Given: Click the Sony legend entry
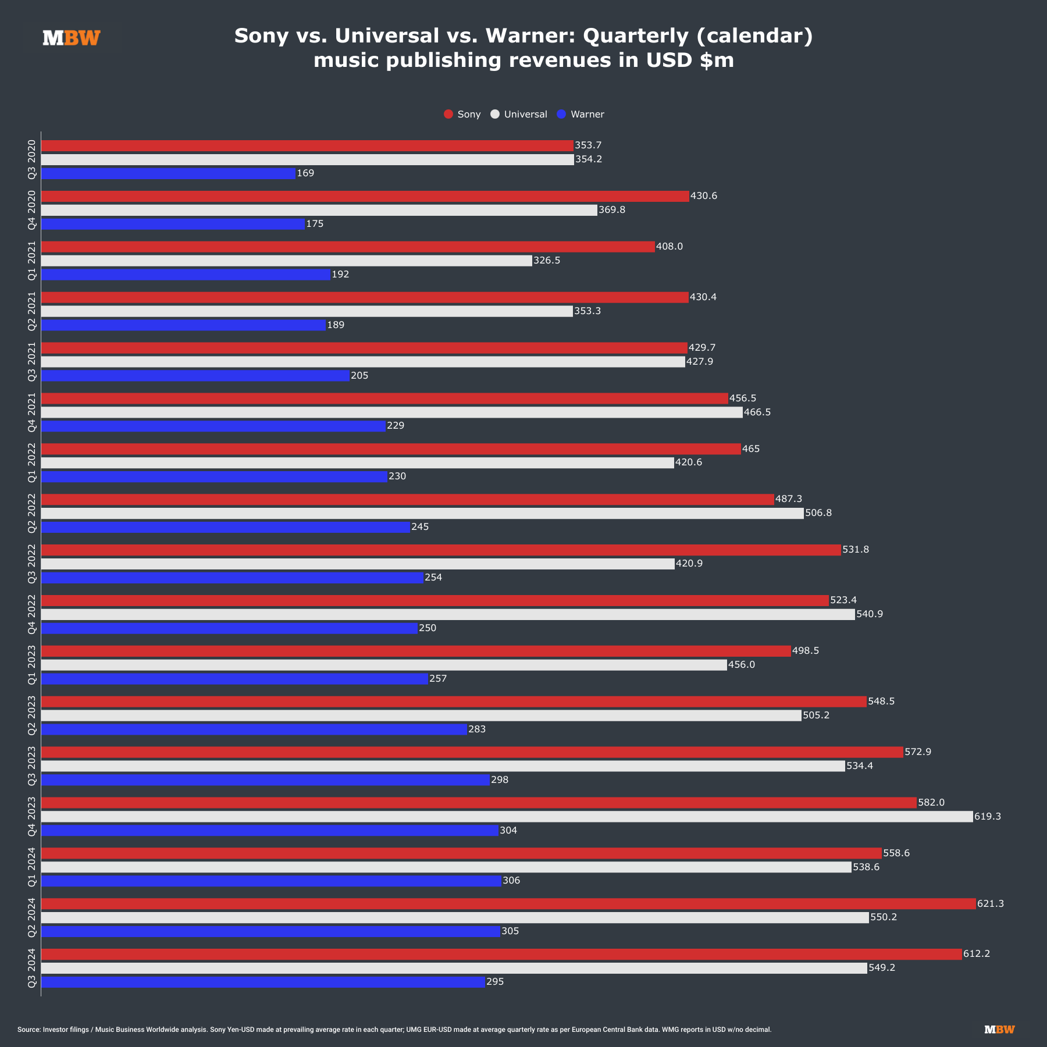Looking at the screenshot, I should click(x=462, y=115).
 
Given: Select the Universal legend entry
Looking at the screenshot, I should click(x=519, y=115).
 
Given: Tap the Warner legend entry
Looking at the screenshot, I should click(x=581, y=115).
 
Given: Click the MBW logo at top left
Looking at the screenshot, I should click(x=72, y=38).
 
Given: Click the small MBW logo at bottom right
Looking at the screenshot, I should click(x=999, y=1030).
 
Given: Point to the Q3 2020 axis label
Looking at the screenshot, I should click(x=32, y=159).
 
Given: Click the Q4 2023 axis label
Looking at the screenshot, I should click(x=32, y=817).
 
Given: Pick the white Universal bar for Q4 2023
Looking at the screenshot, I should click(x=507, y=817).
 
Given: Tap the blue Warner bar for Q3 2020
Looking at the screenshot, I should click(x=168, y=173).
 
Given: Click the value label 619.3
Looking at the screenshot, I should click(x=988, y=817).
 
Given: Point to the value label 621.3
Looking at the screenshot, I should click(x=991, y=904).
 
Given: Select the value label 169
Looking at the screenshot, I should click(x=305, y=173).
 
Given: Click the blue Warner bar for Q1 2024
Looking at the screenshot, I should click(x=271, y=881).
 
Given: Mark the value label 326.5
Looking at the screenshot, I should click(x=547, y=261).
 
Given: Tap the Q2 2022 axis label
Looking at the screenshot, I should click(x=32, y=513).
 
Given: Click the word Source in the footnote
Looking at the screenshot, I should click(x=29, y=1030).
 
